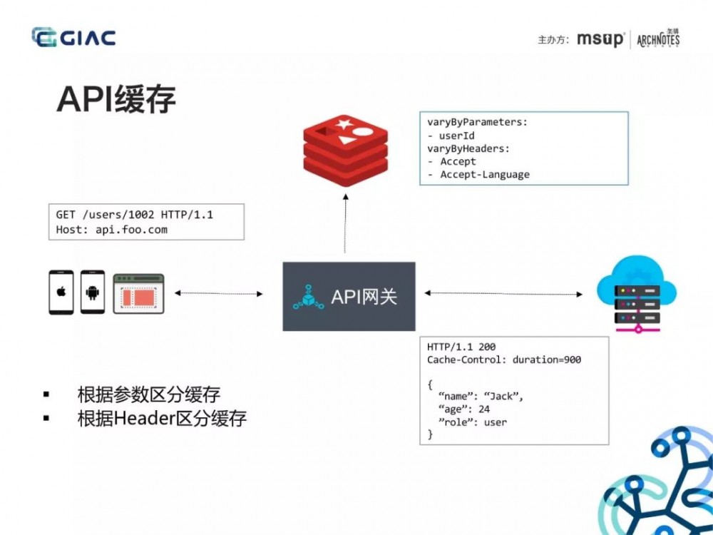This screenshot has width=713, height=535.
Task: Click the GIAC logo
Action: pos(73,37)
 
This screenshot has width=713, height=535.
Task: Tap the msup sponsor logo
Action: pos(600,39)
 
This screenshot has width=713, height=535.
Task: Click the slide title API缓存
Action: pos(116,100)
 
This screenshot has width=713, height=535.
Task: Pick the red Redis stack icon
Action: pos(344,150)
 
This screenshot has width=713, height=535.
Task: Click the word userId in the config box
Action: pos(457,136)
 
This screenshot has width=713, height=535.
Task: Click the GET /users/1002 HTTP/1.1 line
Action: pos(135,215)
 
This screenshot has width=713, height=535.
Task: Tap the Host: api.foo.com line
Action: pos(112,230)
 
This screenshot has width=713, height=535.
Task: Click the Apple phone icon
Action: pos(61,292)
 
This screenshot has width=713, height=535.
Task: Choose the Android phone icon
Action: pos(93,292)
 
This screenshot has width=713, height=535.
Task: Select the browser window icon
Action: pos(138,294)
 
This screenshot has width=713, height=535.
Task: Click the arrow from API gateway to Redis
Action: pos(345,225)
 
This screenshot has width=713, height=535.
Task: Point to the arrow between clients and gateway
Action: pos(218,293)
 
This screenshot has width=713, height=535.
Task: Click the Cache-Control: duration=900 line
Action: pos(503,360)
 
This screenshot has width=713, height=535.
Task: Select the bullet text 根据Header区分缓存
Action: pos(162,418)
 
